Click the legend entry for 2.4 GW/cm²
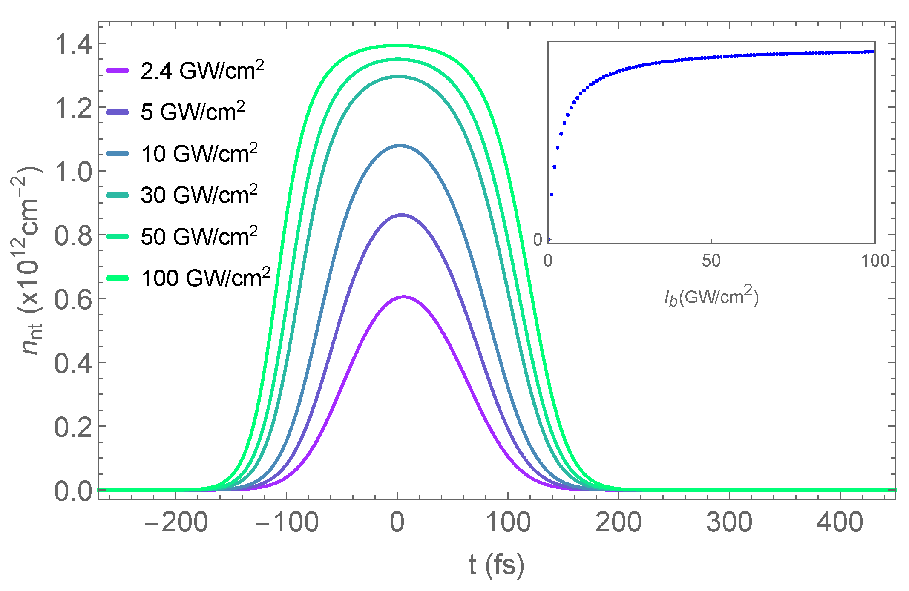click(x=202, y=71)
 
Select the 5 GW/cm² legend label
click(x=193, y=112)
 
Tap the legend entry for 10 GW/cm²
click(x=199, y=154)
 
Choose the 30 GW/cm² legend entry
click(x=199, y=195)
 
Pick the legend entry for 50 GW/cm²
click(x=199, y=236)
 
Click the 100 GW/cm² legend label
click(x=205, y=278)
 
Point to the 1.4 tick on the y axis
click(x=73, y=44)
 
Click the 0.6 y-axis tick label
click(x=73, y=299)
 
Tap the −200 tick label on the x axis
click(x=175, y=522)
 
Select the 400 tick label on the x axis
click(x=840, y=522)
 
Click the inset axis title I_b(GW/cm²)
click(x=711, y=297)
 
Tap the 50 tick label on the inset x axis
click(x=711, y=261)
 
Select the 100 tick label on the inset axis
click(x=874, y=261)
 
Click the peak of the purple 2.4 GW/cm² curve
click(x=403, y=296)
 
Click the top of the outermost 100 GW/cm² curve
click(x=397, y=45)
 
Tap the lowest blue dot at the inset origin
click(x=548, y=239)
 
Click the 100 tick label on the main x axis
click(x=508, y=522)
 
